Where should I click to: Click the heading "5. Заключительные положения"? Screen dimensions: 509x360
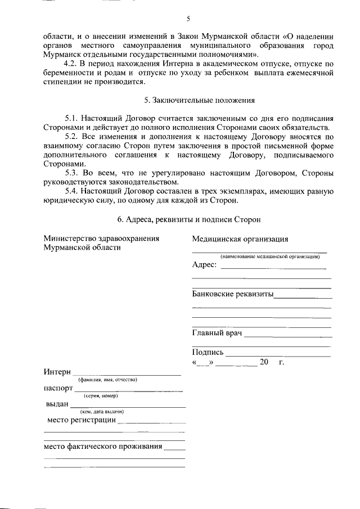click(200, 101)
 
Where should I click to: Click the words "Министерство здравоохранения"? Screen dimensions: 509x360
click(101, 238)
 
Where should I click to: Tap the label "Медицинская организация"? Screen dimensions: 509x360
click(240, 239)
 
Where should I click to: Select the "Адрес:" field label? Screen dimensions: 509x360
click(204, 265)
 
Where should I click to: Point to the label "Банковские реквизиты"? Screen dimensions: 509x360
click(232, 294)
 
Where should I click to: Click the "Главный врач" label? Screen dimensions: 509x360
click(217, 334)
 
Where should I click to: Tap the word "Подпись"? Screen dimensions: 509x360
click(208, 353)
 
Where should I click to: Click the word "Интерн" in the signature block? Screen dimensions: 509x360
click(57, 372)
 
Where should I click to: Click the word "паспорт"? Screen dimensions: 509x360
click(58, 388)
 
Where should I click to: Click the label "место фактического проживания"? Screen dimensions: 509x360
click(103, 447)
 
